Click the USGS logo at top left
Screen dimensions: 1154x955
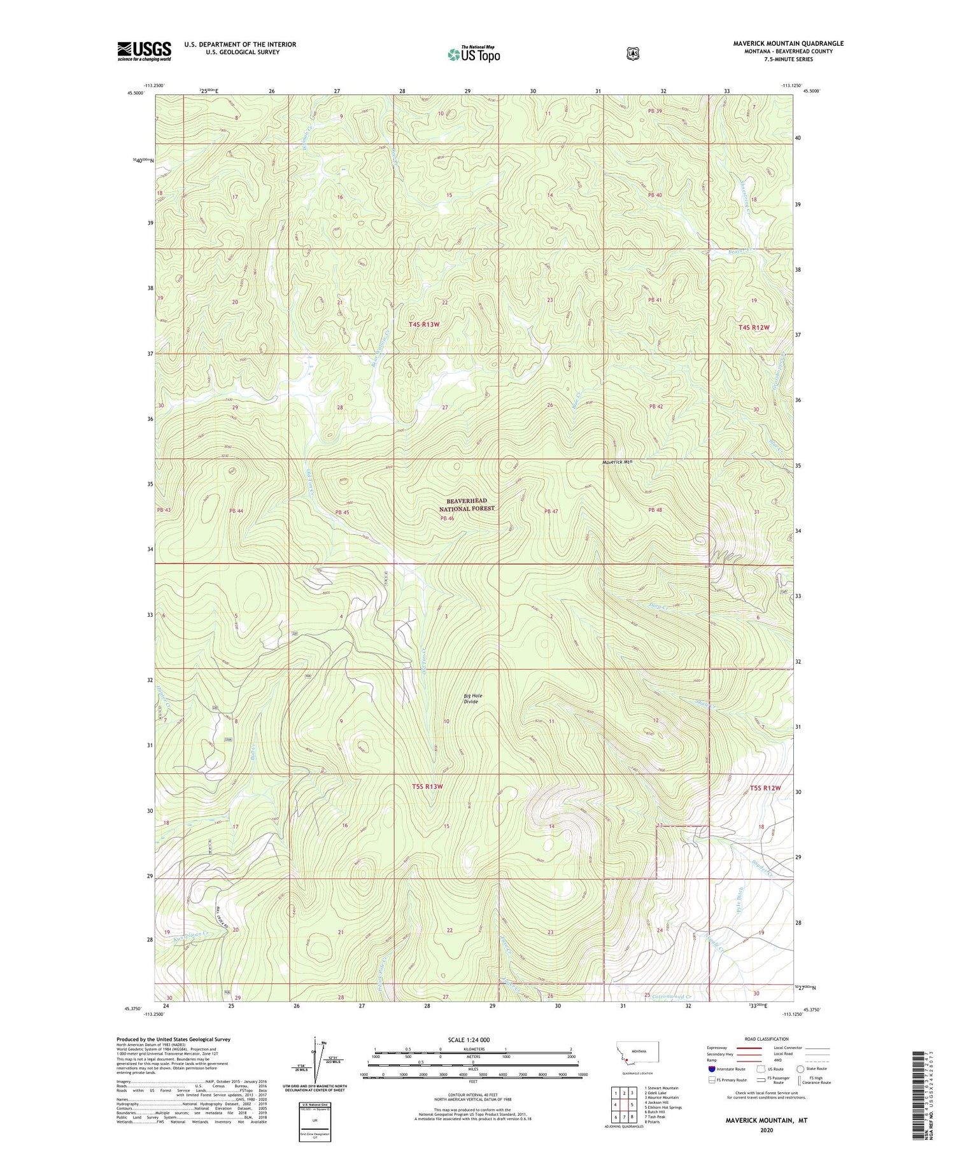[144, 51]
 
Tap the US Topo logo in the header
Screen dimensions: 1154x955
[474, 54]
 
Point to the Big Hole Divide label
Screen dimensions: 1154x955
[472, 699]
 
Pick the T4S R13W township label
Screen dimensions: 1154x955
[424, 325]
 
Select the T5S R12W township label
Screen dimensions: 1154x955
[765, 788]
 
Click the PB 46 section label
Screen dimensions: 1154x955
[448, 519]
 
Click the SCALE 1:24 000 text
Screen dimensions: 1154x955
[469, 1040]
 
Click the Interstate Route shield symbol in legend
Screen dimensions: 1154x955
[711, 1069]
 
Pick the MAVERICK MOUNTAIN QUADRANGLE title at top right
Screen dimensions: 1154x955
[788, 43]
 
